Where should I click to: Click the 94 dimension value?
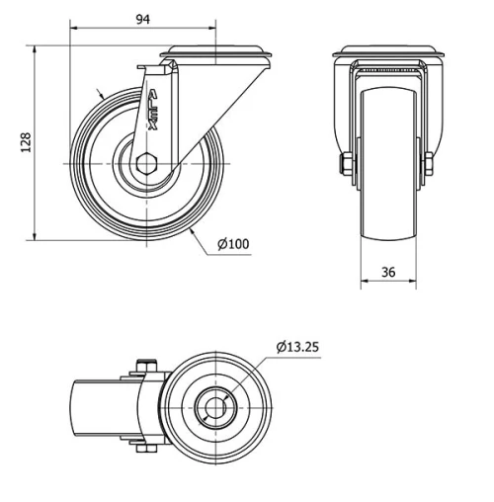143,20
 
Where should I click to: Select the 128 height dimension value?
26,142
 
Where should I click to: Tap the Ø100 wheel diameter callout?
233,244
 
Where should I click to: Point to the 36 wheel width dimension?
388,272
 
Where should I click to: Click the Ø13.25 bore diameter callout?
297,347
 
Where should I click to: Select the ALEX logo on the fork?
153,109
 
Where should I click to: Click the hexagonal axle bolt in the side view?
146,164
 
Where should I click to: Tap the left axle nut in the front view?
347,163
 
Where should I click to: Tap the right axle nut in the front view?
429,164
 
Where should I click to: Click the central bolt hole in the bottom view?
215,408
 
